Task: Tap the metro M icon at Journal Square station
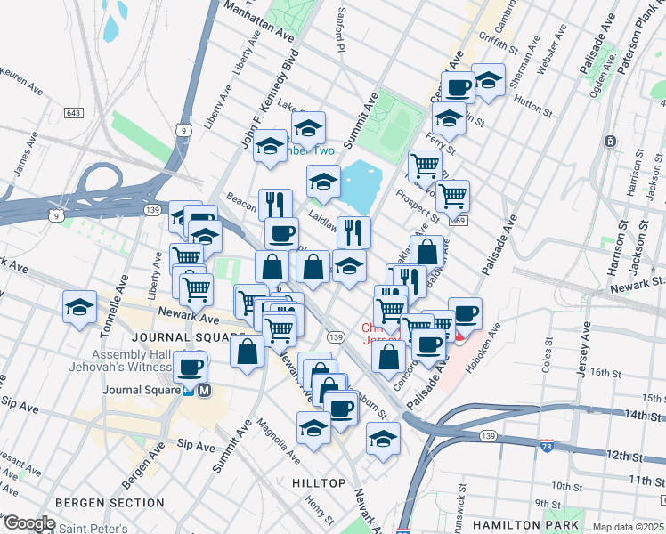coord(204,390)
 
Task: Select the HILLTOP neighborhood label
coord(318,482)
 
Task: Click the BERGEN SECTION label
coord(97,503)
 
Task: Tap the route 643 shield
coord(74,113)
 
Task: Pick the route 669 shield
coord(458,220)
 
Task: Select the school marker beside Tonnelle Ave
coord(80,307)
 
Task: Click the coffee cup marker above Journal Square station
coord(190,366)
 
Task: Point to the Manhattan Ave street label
coord(259,20)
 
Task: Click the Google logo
coord(29,523)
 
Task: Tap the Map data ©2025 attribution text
coord(627,527)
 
